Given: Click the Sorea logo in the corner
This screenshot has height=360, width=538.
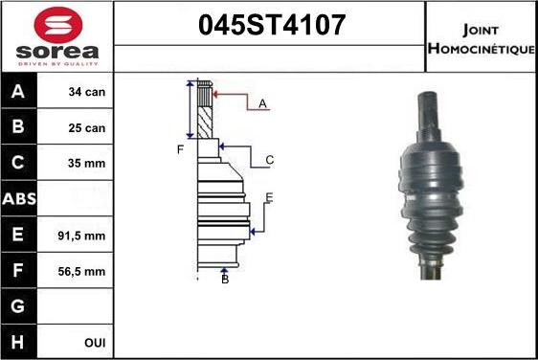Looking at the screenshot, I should click(x=56, y=36).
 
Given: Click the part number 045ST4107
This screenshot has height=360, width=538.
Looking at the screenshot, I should click(x=270, y=25).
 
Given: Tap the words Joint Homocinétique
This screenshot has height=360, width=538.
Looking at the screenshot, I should click(x=482, y=37).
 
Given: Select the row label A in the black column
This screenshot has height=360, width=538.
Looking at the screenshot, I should click(x=19, y=93).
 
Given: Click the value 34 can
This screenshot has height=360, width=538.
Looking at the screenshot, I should click(x=87, y=93).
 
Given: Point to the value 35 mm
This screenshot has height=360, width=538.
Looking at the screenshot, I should click(x=86, y=164).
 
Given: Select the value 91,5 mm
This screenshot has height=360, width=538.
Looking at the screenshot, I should click(x=81, y=236).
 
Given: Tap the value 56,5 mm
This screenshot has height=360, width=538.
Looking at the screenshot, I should click(x=81, y=271).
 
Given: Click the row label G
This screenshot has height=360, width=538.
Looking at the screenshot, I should click(x=19, y=306).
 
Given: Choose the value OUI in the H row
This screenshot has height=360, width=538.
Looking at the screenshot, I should click(x=95, y=342).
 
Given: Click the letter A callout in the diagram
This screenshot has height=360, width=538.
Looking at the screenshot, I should click(x=262, y=102).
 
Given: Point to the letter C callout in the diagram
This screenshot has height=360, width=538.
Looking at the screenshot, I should click(x=270, y=160).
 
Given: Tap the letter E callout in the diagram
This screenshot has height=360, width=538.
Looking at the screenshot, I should click(x=269, y=197).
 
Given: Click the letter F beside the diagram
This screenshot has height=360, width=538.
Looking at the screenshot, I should click(x=179, y=149).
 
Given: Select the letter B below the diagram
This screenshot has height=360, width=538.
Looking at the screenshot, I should click(x=225, y=279).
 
